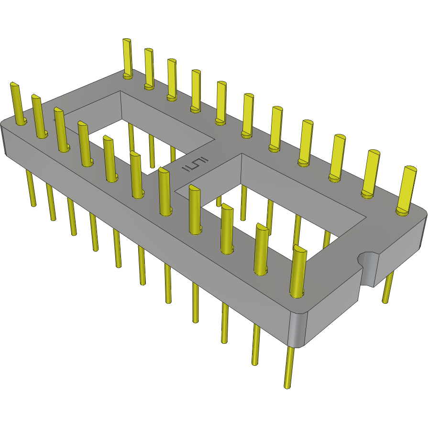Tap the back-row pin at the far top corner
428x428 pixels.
pyautogui.click(x=127, y=57)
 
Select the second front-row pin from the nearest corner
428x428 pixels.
pyautogui.click(x=261, y=249)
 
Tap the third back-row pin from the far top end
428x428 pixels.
pyautogui.click(x=172, y=79)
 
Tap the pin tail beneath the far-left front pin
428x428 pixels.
pyautogui.click(x=31, y=189)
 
